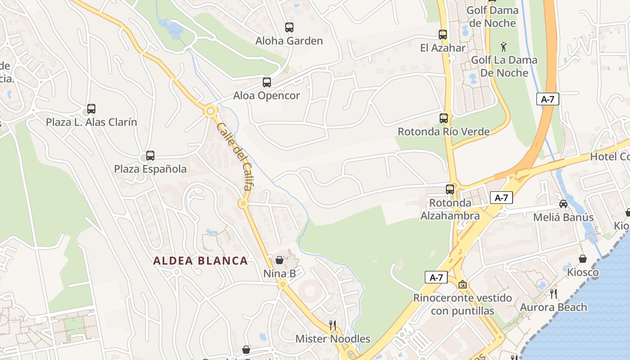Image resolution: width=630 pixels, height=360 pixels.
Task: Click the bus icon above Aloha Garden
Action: click(289, 27)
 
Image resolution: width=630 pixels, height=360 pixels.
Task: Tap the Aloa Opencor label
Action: click(266, 95)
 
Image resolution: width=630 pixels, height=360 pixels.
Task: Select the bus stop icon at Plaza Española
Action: click(150, 156)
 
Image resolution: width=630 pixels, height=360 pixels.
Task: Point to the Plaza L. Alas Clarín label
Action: click(91, 122)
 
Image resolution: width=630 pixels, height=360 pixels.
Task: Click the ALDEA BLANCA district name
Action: click(200, 261)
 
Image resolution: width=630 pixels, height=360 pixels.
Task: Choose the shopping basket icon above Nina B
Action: click(279, 260)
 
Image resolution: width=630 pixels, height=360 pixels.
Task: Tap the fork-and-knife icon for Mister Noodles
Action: click(333, 325)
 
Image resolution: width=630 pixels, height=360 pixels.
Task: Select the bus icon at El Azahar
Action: click(443, 35)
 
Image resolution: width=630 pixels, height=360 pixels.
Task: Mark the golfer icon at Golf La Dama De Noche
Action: click(504, 47)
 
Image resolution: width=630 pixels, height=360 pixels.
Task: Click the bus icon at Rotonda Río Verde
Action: click(444, 118)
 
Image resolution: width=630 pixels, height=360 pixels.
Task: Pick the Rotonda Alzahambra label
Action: click(450, 209)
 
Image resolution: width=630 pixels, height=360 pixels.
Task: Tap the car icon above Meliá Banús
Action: click(563, 204)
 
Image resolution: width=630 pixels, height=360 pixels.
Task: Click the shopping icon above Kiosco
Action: click(583, 259)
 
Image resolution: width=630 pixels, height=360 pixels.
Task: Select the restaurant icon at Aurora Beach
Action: click(553, 294)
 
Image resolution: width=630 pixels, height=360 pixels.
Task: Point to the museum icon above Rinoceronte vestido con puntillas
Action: click(462, 284)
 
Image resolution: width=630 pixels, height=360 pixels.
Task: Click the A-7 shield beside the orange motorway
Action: click(548, 99)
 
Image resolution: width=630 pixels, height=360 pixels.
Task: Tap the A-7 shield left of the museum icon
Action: click(436, 277)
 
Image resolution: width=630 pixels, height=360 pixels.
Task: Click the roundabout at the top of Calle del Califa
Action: click(210, 111)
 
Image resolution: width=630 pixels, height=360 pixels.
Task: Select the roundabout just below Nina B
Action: click(282, 284)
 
